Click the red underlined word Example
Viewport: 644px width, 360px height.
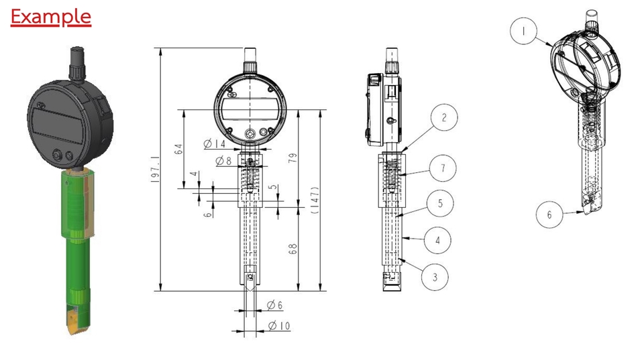(51, 17)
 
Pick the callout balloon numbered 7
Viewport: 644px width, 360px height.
(443, 169)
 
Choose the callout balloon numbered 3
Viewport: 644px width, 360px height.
(435, 276)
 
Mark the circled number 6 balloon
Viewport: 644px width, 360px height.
(549, 215)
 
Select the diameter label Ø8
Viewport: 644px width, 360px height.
(223, 161)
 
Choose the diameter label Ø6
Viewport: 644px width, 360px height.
(274, 306)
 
